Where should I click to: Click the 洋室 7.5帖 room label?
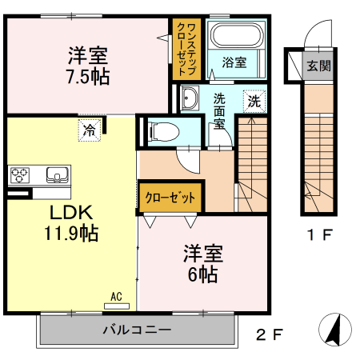(x=89, y=66)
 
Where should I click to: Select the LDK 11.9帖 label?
(x=72, y=223)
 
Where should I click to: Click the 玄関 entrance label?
(x=318, y=66)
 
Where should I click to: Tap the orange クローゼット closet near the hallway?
(x=170, y=197)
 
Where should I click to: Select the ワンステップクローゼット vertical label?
(x=185, y=49)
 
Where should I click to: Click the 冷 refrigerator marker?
(x=90, y=128)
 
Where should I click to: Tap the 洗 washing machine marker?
(x=253, y=101)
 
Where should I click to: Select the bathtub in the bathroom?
(x=234, y=36)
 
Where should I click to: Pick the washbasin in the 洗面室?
(x=190, y=99)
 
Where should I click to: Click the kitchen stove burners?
(x=20, y=174)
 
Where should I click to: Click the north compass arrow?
(x=336, y=329)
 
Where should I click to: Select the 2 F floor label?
(x=269, y=334)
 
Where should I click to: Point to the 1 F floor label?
(x=319, y=235)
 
